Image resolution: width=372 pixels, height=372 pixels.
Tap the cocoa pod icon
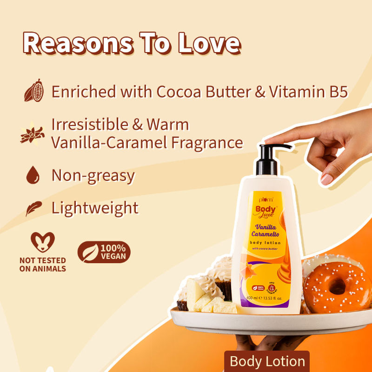coord(34,90)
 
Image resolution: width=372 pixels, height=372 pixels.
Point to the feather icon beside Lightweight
coord(33,208)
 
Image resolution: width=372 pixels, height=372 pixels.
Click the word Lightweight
coord(95,207)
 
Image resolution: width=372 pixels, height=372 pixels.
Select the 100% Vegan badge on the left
coord(104,252)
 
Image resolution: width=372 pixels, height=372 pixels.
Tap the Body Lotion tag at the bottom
coord(267,361)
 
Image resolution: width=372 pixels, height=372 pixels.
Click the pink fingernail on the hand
coord(326,179)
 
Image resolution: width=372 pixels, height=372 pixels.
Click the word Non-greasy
coord(93,175)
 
